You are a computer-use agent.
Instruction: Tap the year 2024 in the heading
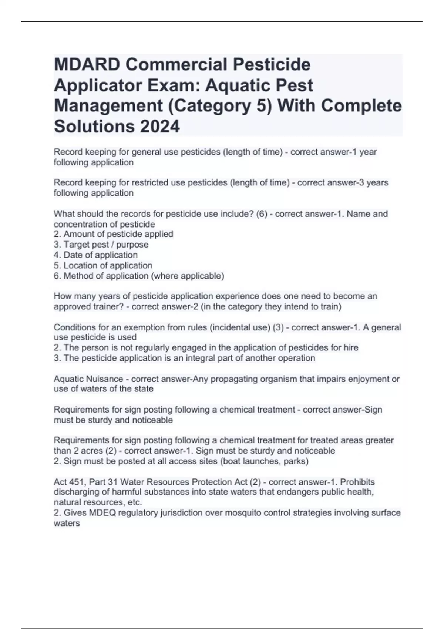point(160,127)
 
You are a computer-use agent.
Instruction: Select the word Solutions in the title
point(94,127)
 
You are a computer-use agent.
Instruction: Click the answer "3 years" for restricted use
point(374,182)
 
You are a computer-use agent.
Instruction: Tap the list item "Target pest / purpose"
point(106,245)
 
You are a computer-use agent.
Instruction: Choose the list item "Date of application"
point(100,255)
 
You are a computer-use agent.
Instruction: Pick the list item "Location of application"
point(108,265)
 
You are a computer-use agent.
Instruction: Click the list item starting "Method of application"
point(144,276)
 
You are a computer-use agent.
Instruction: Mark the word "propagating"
point(235,379)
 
